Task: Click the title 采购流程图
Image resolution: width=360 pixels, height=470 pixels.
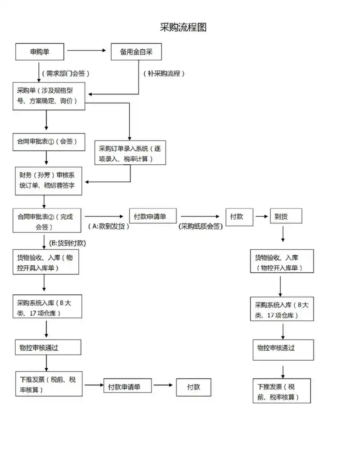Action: [183, 27]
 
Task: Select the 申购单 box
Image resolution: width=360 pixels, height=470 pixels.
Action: [40, 52]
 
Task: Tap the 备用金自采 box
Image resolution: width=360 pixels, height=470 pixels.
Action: [136, 52]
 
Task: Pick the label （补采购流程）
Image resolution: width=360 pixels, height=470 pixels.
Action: [164, 73]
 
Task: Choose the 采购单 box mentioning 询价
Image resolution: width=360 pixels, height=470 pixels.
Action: [49, 96]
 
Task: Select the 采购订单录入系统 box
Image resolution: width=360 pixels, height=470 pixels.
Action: [130, 154]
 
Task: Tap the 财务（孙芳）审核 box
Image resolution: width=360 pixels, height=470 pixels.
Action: [49, 181]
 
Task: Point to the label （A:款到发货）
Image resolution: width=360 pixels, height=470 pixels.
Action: [108, 226]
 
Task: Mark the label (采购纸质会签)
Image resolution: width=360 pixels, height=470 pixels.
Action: [201, 226]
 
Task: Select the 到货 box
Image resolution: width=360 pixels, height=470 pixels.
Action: [286, 216]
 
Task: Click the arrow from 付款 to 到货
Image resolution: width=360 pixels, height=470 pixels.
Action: [261, 217]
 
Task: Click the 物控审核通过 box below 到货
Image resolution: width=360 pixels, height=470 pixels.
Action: [283, 350]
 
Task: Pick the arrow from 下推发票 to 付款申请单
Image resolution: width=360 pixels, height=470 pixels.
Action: [93, 385]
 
